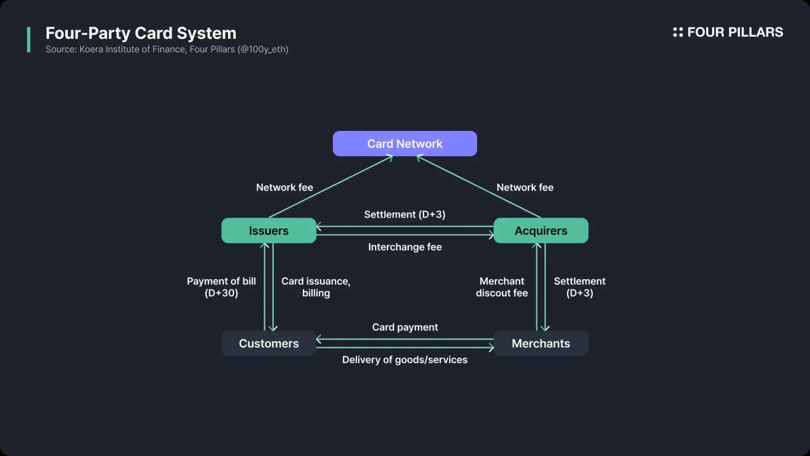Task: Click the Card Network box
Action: click(405, 144)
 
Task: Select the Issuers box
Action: click(269, 230)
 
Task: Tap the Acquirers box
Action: click(540, 230)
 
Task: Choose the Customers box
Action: click(269, 343)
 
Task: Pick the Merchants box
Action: click(540, 343)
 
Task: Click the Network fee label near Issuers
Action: click(284, 187)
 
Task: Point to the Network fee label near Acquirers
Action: click(525, 187)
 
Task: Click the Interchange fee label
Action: click(405, 247)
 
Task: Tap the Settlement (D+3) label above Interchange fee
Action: click(405, 214)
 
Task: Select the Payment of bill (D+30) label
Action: click(221, 287)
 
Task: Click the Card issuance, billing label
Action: click(315, 287)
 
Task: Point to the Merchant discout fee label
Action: click(502, 287)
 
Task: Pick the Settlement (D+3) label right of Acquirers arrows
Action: click(579, 287)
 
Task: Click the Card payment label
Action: click(405, 327)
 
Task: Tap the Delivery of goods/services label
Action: click(405, 360)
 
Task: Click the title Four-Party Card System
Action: click(141, 33)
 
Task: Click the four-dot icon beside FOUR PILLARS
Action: click(678, 32)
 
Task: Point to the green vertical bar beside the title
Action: click(29, 39)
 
